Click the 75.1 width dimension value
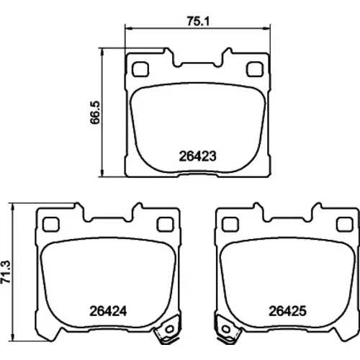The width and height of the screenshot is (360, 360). (198, 21)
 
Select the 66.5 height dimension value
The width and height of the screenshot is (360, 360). (95, 112)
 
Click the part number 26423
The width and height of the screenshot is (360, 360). (198, 156)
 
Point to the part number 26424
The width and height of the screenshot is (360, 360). (108, 311)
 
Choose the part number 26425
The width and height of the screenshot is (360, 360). (287, 311)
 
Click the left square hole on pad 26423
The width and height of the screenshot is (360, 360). (140, 69)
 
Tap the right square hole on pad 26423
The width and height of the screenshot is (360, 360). (255, 69)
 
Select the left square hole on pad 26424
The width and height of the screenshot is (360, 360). (50, 225)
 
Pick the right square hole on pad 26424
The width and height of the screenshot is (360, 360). (165, 225)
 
